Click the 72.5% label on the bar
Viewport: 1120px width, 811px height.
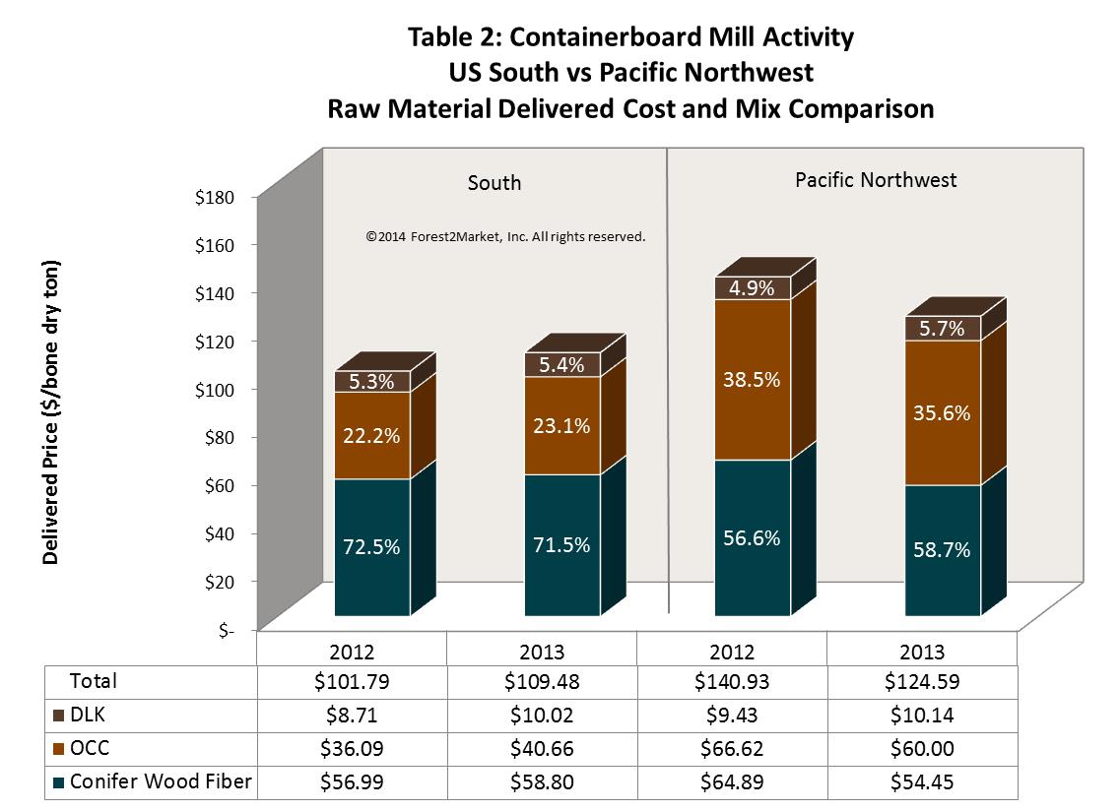click(x=371, y=547)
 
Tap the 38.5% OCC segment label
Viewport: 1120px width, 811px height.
click(x=753, y=379)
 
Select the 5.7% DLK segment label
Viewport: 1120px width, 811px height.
click(x=942, y=329)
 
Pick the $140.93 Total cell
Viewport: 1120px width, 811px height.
click(x=731, y=681)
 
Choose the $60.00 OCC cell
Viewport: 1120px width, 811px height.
click(x=921, y=748)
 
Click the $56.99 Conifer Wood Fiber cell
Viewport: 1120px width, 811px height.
click(x=352, y=782)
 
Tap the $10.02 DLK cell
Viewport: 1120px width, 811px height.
click(x=541, y=716)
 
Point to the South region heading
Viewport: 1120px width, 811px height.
click(x=494, y=183)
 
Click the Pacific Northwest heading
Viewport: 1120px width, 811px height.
click(x=876, y=180)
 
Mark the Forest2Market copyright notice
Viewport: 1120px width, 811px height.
click(x=505, y=237)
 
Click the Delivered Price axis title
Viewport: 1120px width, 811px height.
click(x=51, y=412)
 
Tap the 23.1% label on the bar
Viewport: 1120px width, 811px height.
click(x=562, y=426)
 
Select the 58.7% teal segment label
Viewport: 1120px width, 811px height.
click(x=942, y=550)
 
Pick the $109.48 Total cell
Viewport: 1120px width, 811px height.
click(x=541, y=681)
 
